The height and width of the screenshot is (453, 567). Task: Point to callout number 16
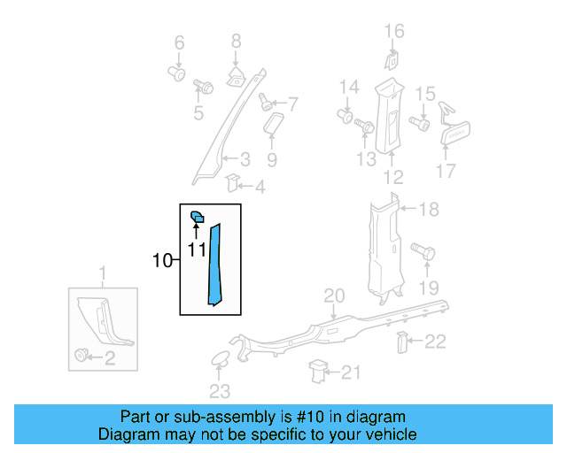click(393, 32)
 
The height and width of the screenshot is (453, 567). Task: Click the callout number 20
click(333, 296)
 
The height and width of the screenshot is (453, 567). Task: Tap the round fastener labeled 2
click(83, 356)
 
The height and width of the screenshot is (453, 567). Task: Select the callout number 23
click(219, 391)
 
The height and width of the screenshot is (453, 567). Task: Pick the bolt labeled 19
click(424, 253)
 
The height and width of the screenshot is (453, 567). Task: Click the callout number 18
click(429, 210)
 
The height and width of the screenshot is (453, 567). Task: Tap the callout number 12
click(393, 176)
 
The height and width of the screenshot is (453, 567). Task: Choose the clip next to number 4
click(233, 183)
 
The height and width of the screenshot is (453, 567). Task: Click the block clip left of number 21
click(317, 372)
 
